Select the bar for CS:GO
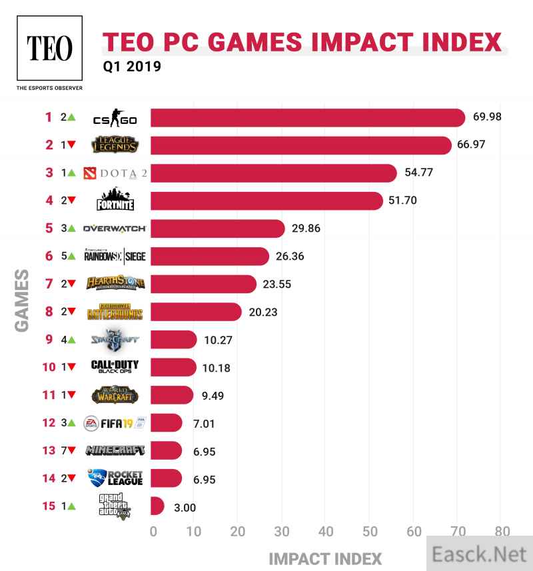click(307, 117)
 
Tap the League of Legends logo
click(115, 145)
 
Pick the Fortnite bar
click(266, 201)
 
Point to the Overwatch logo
click(114, 229)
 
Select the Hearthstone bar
click(203, 284)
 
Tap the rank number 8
click(48, 312)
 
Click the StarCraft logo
click(115, 340)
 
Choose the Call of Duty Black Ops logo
click(115, 368)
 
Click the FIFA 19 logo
click(115, 423)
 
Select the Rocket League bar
click(166, 478)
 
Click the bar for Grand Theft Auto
click(157, 506)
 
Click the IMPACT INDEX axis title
click(325, 557)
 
